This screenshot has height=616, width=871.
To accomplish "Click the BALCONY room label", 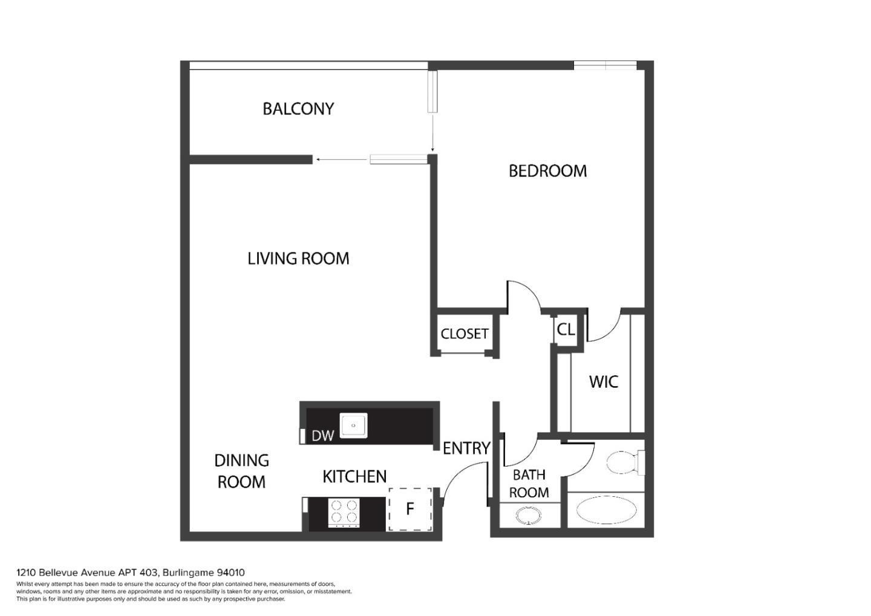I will pyautogui.click(x=298, y=109).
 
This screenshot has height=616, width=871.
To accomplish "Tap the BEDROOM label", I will pyautogui.click(x=547, y=171).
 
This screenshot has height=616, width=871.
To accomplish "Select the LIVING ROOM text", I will pyautogui.click(x=298, y=258).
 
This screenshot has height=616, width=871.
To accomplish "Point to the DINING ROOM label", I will pyautogui.click(x=241, y=471).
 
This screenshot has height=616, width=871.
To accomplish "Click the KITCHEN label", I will pyautogui.click(x=354, y=477).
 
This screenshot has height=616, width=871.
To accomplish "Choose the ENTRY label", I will pyautogui.click(x=466, y=448).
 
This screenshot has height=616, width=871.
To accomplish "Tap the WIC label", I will pyautogui.click(x=603, y=382).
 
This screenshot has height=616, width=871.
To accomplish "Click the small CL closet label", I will pyautogui.click(x=566, y=330).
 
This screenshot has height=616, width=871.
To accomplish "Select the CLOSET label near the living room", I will pyautogui.click(x=464, y=334).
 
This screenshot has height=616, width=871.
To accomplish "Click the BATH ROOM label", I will pyautogui.click(x=529, y=483).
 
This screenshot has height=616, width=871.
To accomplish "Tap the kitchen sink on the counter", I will pyautogui.click(x=353, y=425).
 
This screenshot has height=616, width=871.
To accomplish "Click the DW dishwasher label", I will pyautogui.click(x=322, y=436).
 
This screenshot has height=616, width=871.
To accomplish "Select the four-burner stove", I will pyautogui.click(x=344, y=513).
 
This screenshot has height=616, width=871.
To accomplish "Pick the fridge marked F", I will pyautogui.click(x=410, y=509).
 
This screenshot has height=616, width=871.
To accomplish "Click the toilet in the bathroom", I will pyautogui.click(x=623, y=463).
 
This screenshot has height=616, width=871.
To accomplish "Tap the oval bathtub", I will pyautogui.click(x=605, y=510).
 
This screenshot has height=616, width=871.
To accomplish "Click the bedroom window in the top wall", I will pyautogui.click(x=605, y=65).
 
